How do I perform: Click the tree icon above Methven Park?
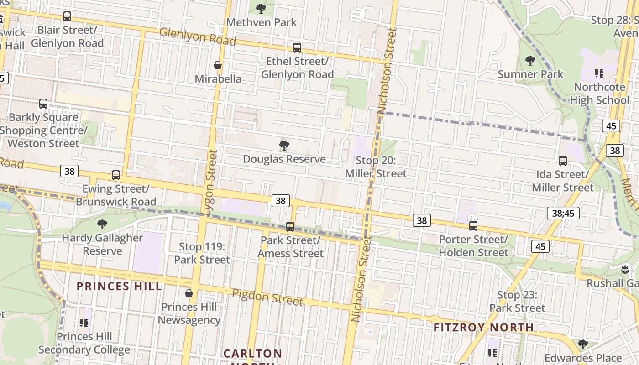coord(261,8)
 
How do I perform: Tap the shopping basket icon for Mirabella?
coord(218,65)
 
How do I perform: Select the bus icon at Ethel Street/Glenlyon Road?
coord(297,47)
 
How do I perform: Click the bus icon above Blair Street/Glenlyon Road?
coord(67,16)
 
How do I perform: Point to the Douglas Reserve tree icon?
coord(284,146)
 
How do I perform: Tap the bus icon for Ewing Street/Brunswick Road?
coord(116,175)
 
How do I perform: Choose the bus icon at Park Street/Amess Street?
coord(290,227)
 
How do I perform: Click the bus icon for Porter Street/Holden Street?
coord(473,226)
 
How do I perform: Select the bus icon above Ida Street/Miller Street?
coord(563,161)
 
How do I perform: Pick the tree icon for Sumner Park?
coord(530,60)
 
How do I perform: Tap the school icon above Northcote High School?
coord(599,73)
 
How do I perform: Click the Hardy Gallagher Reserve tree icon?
coord(102,224)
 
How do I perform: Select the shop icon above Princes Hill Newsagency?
coord(189,293)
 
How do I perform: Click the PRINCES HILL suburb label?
coord(119,287)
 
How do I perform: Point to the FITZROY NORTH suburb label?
coord(483,327)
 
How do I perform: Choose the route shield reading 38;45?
coord(563,213)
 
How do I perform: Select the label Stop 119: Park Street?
coord(202,253)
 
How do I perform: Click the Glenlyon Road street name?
coord(198,36)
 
